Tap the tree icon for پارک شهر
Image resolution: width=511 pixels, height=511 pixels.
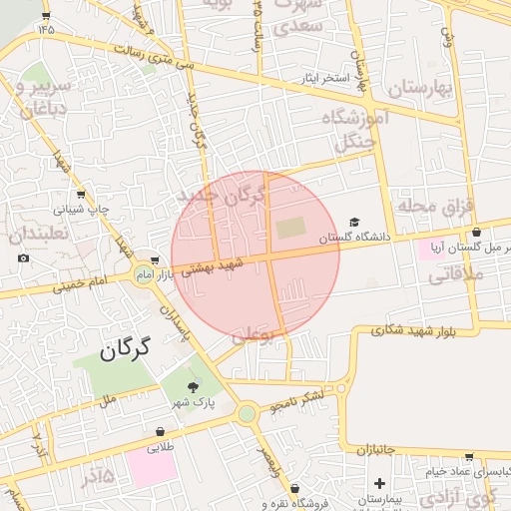point(193,386)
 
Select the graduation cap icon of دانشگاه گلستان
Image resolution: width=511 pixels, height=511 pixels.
point(354,223)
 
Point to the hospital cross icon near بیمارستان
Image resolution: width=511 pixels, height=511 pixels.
point(378,483)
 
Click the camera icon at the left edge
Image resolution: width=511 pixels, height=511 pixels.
point(23,258)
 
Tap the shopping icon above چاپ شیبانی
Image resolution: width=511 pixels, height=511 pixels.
point(80,195)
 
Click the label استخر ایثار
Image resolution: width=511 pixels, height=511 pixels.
point(321,77)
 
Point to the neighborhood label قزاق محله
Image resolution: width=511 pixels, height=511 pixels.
point(434,207)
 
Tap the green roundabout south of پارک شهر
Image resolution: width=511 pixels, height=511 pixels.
point(247,413)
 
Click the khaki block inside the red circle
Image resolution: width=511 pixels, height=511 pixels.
point(290,229)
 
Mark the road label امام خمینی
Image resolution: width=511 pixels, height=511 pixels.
point(84,283)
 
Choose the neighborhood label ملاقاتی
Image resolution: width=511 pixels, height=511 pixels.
point(455,273)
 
